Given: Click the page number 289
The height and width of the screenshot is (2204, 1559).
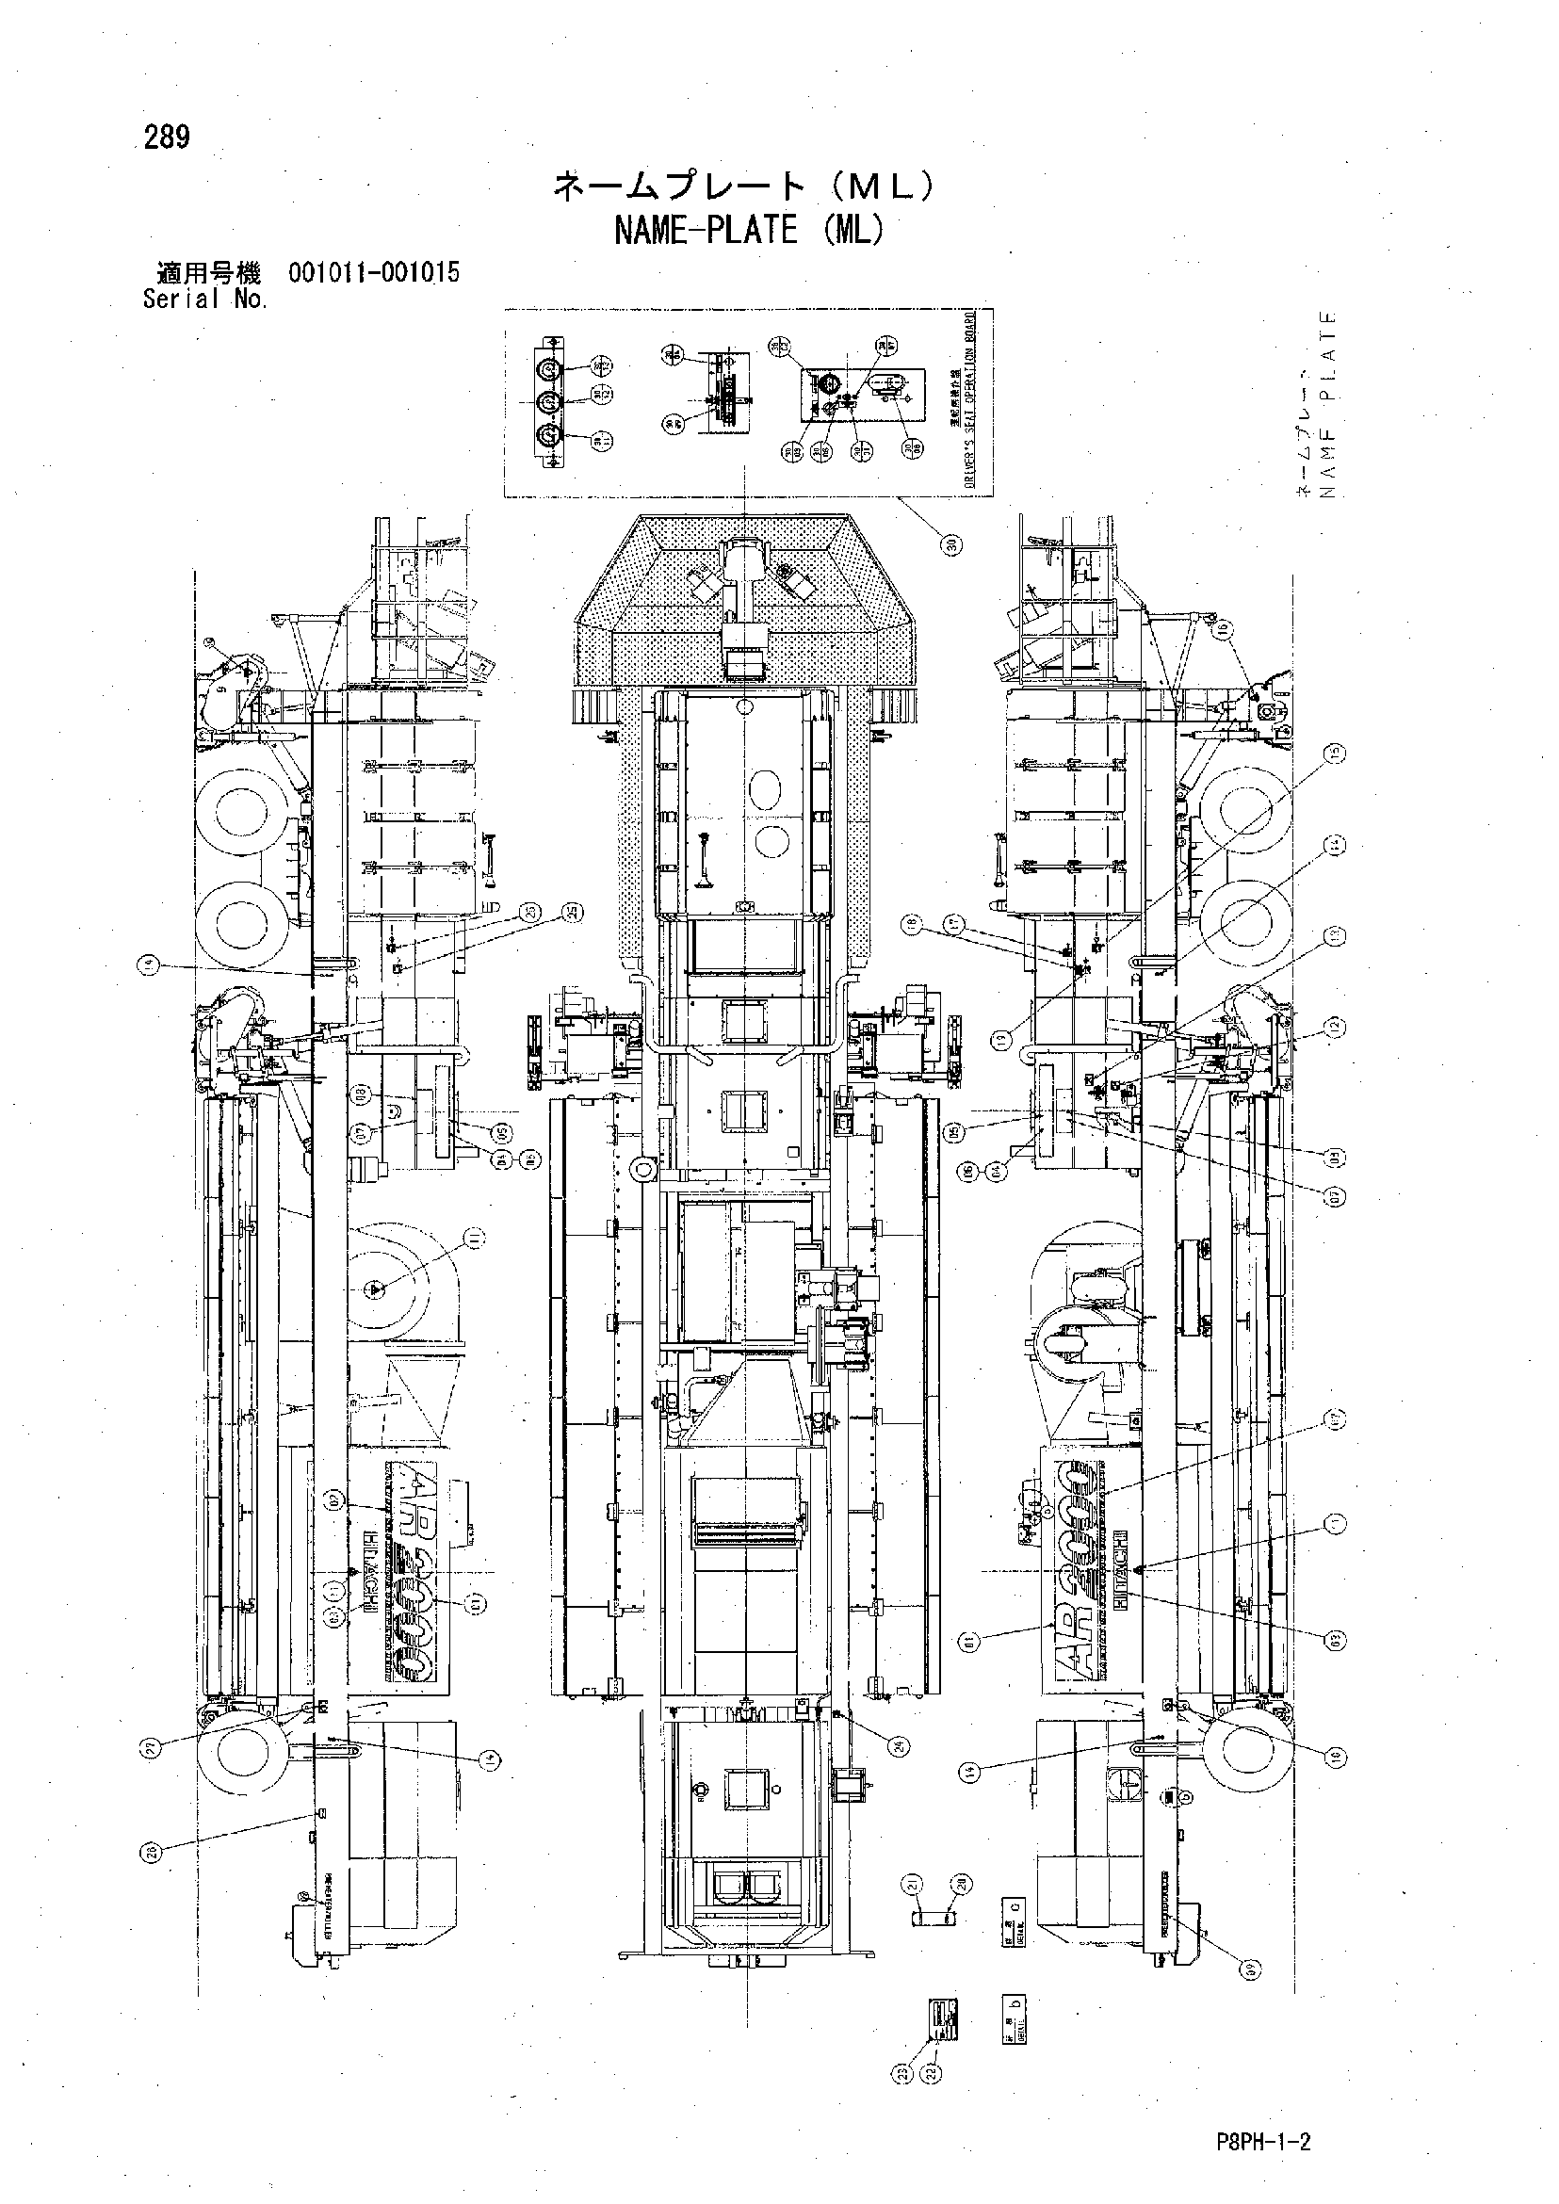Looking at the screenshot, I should [x=167, y=138].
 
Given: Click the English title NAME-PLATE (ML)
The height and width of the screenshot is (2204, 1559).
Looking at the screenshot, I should [x=748, y=231].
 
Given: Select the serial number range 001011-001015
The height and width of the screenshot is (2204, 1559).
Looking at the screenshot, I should [x=373, y=272].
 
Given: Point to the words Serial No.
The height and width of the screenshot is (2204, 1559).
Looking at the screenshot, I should [x=205, y=300].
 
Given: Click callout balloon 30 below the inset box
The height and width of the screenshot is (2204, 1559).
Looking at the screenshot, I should [x=950, y=544].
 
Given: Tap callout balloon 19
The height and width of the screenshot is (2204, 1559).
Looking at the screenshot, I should [x=1001, y=1038].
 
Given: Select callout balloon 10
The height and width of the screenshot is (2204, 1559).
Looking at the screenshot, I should [x=1337, y=1757].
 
